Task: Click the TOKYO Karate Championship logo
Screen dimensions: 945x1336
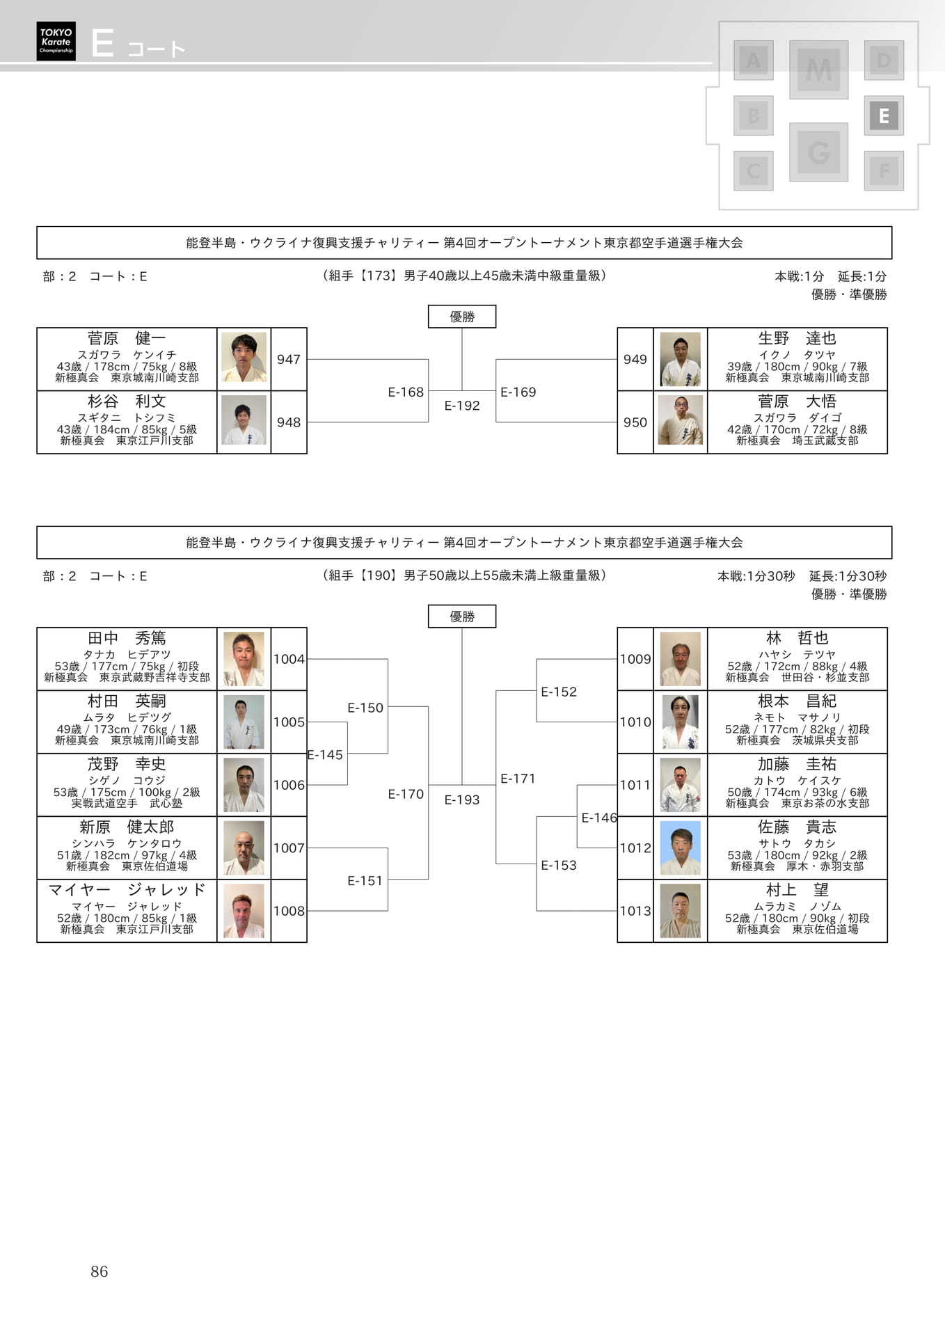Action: [56, 41]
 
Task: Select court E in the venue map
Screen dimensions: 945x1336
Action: [884, 116]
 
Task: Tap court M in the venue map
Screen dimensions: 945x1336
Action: [818, 70]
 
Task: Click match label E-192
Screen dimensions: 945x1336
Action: [462, 406]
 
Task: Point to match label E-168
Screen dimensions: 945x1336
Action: [406, 392]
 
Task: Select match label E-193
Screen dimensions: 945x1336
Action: [462, 800]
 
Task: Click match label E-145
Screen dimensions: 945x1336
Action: [325, 755]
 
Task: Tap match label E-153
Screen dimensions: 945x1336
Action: [559, 866]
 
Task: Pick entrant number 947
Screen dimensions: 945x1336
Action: [289, 360]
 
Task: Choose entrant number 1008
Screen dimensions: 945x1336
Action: [289, 912]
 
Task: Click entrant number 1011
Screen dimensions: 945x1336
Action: [635, 786]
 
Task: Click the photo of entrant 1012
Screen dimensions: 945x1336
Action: [680, 848]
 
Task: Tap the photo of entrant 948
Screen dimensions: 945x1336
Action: [244, 420]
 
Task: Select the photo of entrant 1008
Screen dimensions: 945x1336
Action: [244, 912]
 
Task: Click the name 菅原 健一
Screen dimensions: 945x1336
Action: [127, 339]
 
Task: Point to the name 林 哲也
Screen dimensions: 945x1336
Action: [797, 639]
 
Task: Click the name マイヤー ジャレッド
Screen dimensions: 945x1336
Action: [127, 890]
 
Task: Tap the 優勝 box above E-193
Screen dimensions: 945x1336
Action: [462, 617]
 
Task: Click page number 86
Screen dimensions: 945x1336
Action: [100, 1272]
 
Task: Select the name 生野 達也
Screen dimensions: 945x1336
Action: [797, 339]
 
